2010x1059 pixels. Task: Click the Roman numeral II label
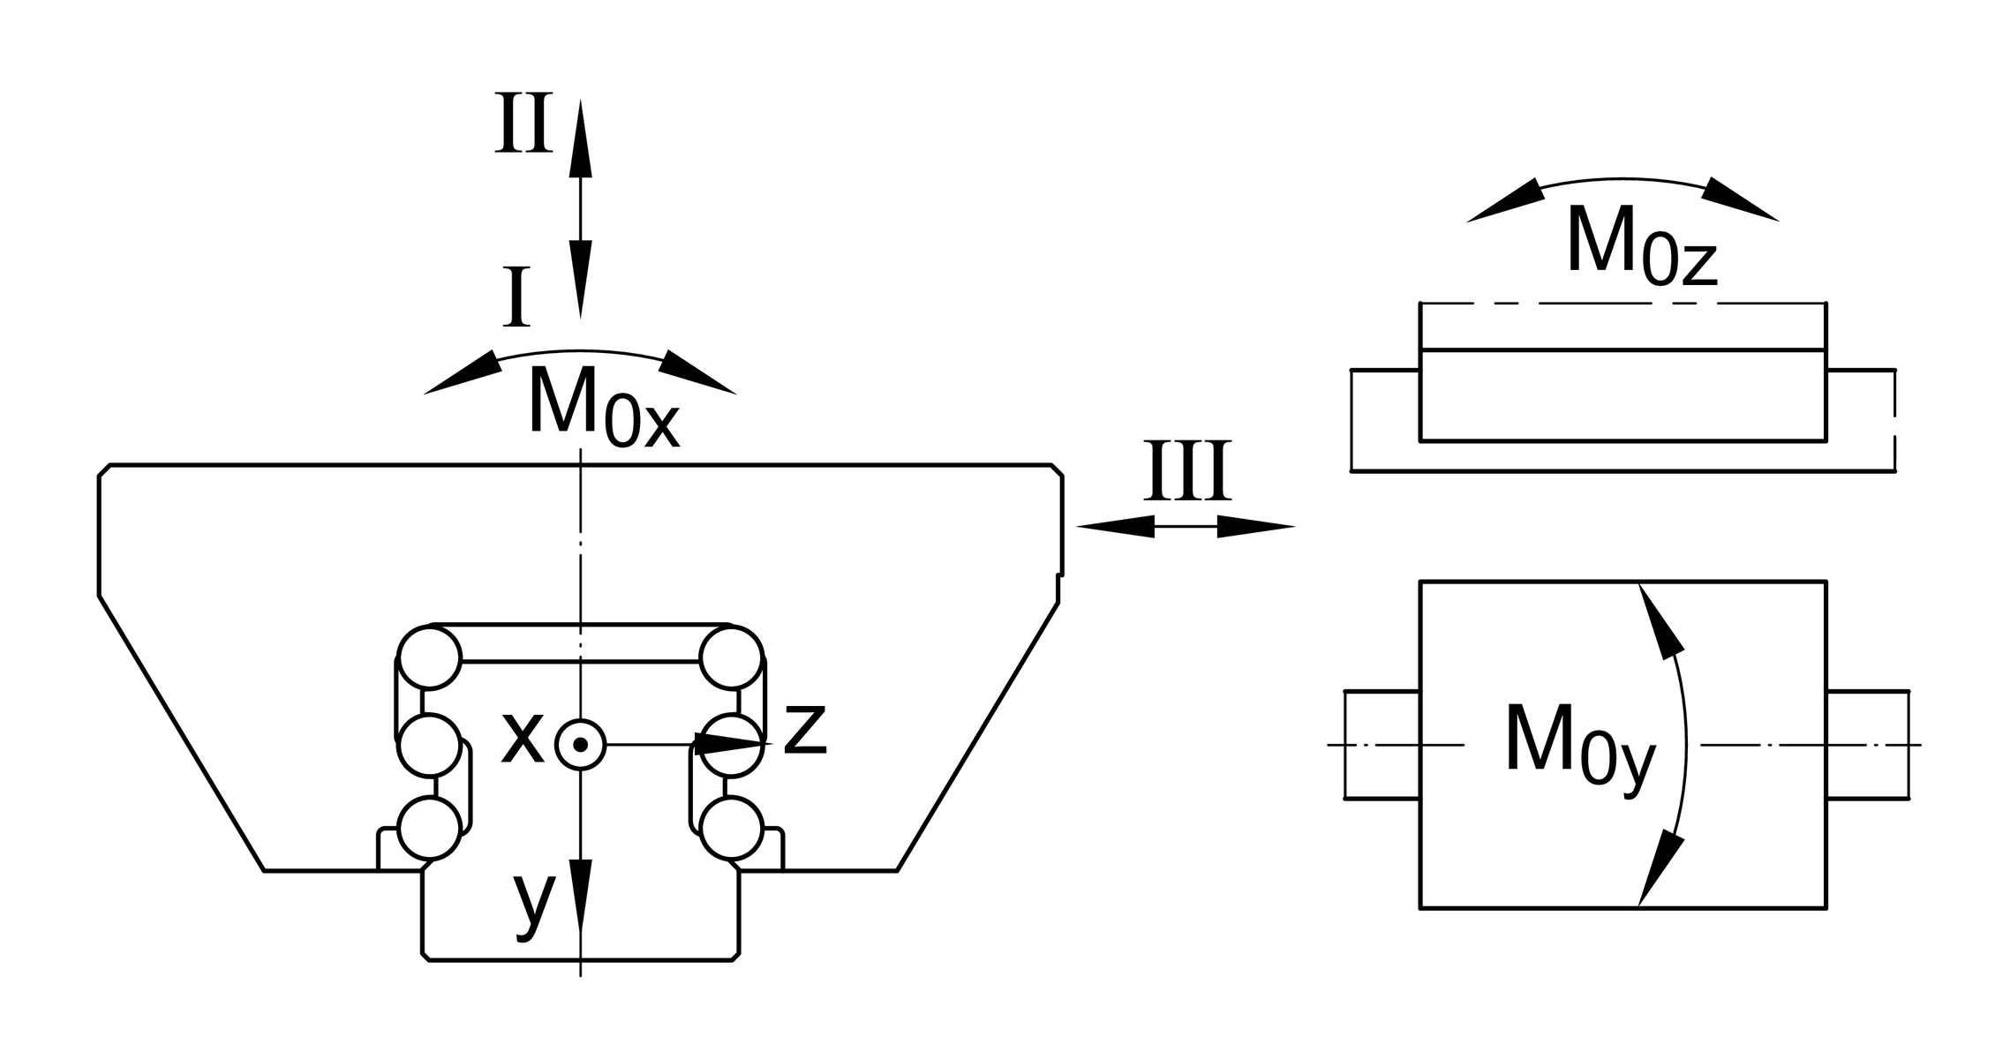tap(523, 122)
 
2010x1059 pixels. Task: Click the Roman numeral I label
tap(516, 297)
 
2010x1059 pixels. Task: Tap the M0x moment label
tap(604, 406)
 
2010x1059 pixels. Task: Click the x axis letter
tap(522, 736)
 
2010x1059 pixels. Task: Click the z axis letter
tap(805, 729)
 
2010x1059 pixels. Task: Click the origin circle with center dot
tap(580, 745)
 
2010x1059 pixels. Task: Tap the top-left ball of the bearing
tap(430, 657)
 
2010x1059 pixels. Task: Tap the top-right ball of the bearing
tap(731, 657)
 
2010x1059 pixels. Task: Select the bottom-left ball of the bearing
tap(430, 828)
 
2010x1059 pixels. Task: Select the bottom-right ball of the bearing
tap(732, 828)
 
